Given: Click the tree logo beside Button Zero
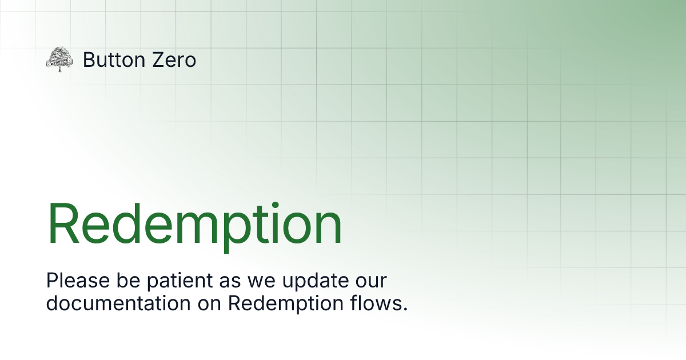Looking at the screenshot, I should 59,59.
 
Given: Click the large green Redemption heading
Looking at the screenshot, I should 194,225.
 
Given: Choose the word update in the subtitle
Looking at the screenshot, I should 311,282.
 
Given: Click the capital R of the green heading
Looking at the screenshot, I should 64,224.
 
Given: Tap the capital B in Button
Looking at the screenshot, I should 89,59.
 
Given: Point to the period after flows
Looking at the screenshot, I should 405,309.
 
